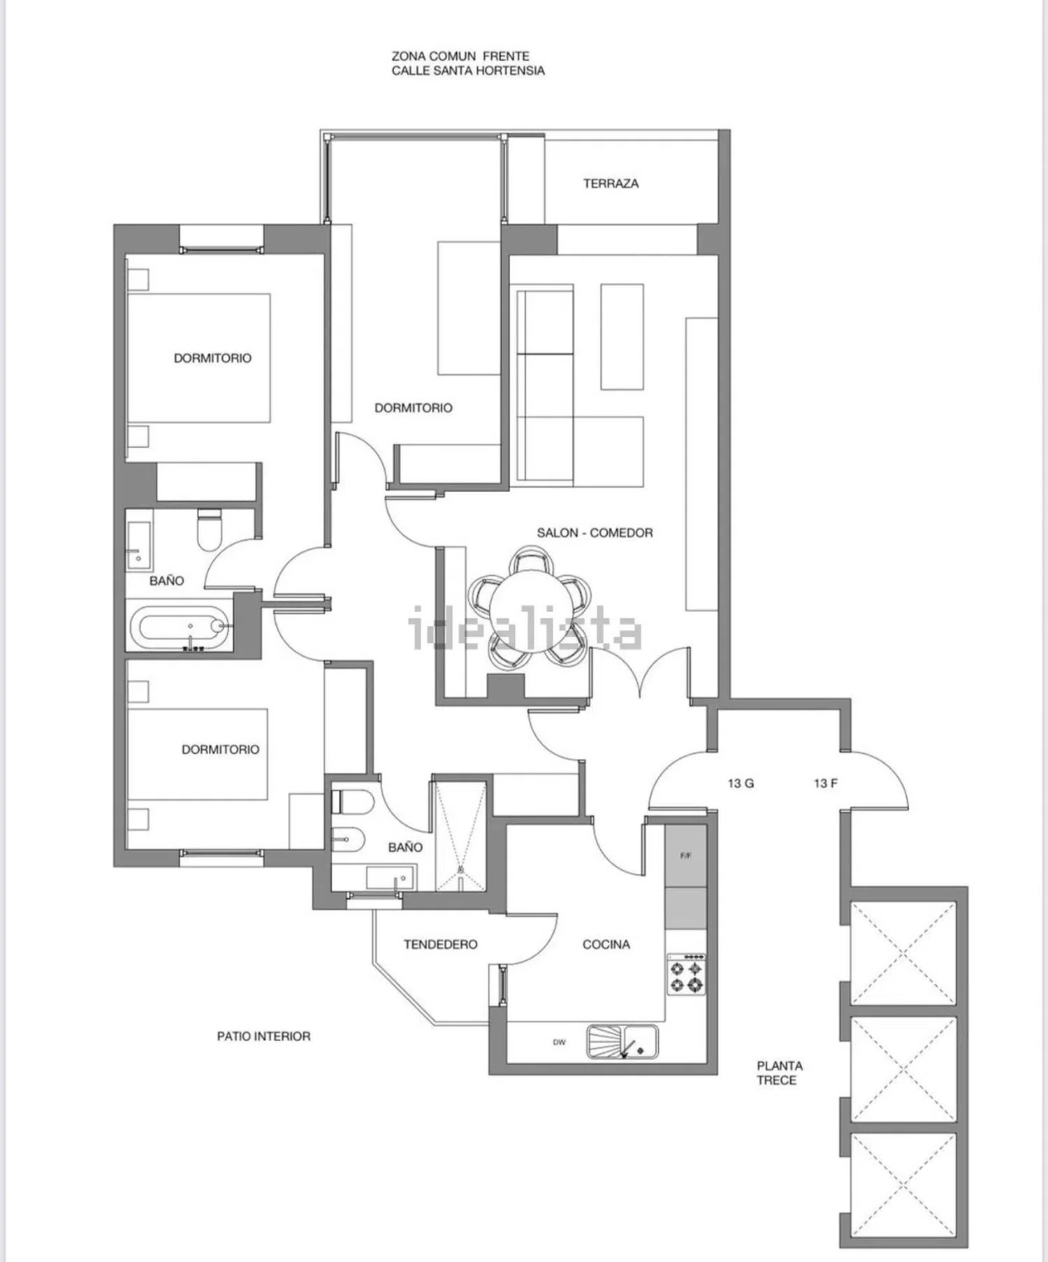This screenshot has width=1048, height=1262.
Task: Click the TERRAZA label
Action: point(611,184)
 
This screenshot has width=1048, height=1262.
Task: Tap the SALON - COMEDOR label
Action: point(595,533)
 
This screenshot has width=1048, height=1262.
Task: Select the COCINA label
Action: point(606,945)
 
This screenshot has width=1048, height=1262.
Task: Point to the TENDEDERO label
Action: point(440,945)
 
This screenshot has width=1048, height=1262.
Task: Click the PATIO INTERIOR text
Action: point(263,1036)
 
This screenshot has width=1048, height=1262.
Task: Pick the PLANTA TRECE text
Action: point(780,1073)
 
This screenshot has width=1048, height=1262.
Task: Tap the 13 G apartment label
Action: point(741,783)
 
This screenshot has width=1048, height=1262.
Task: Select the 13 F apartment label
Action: point(825,783)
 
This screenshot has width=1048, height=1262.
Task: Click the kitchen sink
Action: point(622,1041)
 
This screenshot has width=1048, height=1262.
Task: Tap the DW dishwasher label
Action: point(559,1043)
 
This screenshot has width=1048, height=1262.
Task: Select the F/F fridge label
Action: point(685,856)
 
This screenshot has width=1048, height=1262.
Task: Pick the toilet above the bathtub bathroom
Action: point(209,530)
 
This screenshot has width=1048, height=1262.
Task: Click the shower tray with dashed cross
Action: point(460,837)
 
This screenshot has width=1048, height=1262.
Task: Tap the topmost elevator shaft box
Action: point(903,953)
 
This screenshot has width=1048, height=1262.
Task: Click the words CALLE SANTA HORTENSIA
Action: point(468,71)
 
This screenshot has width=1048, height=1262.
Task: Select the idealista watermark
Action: point(525,628)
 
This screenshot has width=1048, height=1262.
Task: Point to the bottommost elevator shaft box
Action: point(903,1185)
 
